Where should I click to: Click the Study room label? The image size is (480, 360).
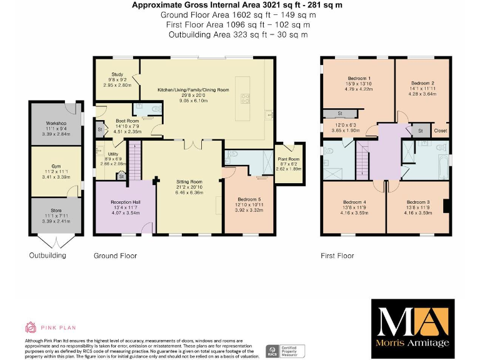point(118,74)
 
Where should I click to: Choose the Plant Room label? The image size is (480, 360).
point(289,159)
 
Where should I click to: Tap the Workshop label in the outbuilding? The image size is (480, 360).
point(56,124)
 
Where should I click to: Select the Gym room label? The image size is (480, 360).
point(56,165)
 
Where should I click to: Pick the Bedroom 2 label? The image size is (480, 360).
point(423,83)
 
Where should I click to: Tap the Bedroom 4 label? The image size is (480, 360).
point(354,202)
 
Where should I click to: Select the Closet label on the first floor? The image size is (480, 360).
point(440,131)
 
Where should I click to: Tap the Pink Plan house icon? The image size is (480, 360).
point(30,327)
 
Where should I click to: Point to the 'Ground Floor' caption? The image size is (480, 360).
point(115,256)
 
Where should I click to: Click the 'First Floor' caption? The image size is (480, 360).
point(337,256)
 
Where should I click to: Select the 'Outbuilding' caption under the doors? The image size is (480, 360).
point(47,256)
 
